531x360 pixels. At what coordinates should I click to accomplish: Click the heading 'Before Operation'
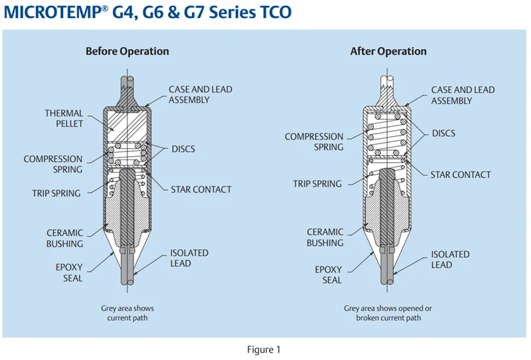127,51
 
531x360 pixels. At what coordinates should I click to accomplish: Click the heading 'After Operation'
388,51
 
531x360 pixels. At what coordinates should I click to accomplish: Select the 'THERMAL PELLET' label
64,119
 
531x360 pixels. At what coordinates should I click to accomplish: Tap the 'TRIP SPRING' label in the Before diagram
56,193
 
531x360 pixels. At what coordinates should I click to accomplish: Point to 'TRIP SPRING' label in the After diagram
318,184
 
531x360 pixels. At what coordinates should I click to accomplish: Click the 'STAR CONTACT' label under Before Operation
201,189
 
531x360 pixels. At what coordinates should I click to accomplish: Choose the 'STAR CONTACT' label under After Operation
461,175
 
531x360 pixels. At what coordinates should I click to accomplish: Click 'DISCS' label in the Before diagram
183,149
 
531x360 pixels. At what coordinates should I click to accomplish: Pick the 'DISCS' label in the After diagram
443,134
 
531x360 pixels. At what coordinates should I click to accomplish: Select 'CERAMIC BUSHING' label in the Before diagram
64,238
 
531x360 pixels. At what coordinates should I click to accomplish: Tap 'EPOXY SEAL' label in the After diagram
329,275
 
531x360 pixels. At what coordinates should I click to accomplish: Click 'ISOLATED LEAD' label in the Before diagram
189,258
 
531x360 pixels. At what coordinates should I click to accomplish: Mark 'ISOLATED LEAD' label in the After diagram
450,259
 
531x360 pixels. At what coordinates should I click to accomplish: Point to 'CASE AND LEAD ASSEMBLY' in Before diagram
200,94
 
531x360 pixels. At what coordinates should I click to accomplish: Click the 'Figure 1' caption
265,349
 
